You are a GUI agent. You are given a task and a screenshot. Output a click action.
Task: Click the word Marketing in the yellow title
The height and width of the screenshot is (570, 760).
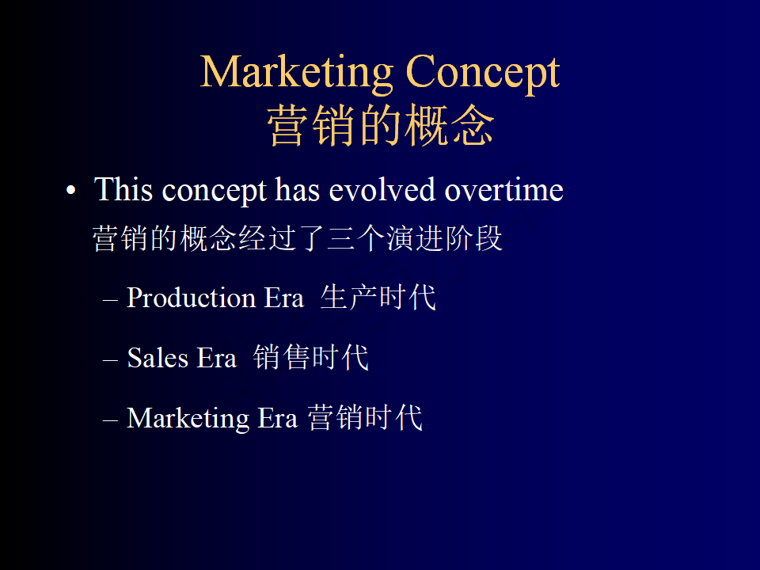pos(297,73)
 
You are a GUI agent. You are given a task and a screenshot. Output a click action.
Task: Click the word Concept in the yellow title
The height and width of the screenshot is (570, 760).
pos(483,73)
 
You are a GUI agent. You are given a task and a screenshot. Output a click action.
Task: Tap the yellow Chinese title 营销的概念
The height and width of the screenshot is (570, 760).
pos(381,125)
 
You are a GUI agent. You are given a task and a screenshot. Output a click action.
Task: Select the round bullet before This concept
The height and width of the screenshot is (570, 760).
pos(71,191)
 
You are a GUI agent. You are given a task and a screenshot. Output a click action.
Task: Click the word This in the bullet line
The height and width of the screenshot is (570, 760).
pos(123,189)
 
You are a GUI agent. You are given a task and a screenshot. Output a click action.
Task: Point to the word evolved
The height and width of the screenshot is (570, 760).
pos(382,189)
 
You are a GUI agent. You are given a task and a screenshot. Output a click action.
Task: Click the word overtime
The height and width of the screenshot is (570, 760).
pos(504,189)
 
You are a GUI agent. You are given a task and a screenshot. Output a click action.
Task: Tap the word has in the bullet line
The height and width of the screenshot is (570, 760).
pos(298,189)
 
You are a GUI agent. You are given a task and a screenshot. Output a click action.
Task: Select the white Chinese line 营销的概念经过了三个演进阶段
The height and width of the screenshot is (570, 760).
pos(297,238)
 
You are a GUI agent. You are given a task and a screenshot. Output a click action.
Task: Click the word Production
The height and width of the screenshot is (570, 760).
pos(191,297)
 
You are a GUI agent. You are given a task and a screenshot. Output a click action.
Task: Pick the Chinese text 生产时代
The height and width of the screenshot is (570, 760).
pos(378,297)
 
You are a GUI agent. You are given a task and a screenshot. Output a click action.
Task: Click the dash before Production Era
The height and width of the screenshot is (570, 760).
pos(111,301)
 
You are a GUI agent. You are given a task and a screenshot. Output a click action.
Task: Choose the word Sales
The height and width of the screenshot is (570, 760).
pos(158,358)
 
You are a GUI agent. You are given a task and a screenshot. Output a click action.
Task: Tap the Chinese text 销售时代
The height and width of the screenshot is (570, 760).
pos(310,357)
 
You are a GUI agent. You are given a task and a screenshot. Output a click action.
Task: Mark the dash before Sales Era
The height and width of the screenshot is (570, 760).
pos(111,361)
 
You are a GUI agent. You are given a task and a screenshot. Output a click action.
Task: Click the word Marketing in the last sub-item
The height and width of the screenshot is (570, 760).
pos(188,418)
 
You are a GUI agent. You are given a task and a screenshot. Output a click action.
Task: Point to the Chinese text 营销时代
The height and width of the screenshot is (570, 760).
pos(365,417)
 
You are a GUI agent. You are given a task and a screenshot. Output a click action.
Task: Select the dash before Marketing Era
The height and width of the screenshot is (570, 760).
pos(111,420)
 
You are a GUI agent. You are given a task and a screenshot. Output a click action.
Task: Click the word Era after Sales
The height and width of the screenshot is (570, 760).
pos(217,358)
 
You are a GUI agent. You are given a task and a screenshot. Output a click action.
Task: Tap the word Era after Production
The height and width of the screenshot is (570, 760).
pos(284,298)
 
